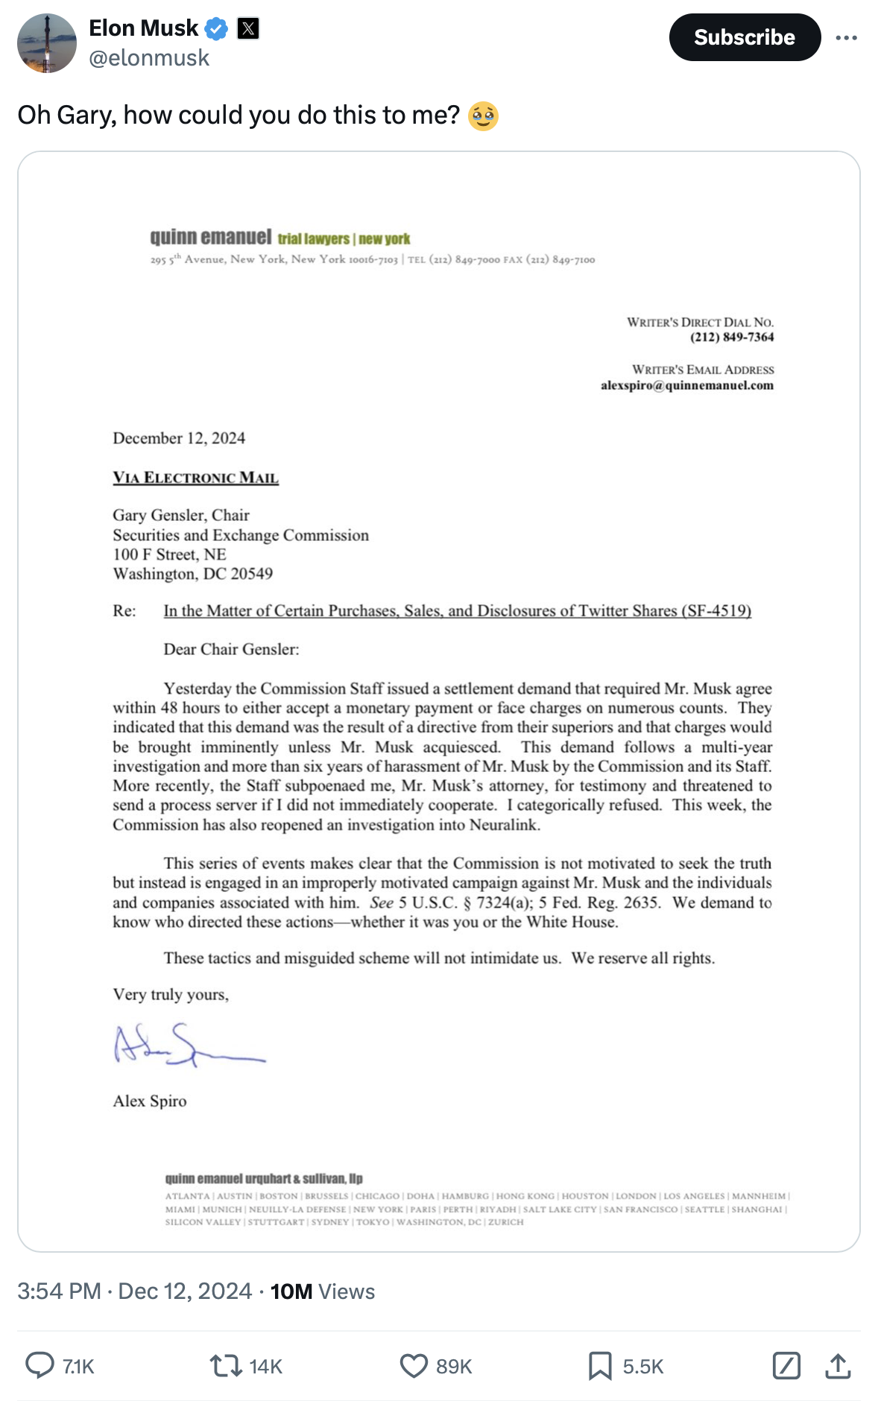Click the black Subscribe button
(744, 37)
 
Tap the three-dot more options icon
(846, 37)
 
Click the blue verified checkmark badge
(216, 29)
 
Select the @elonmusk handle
(149, 58)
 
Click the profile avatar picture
(47, 43)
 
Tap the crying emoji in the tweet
(483, 116)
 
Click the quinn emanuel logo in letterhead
(211, 237)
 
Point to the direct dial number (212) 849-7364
(732, 337)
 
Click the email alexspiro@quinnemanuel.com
(686, 385)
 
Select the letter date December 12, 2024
(179, 438)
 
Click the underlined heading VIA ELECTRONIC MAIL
(195, 478)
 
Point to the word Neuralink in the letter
(505, 825)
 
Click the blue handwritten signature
(186, 1045)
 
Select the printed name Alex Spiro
(150, 1101)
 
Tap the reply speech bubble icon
(40, 1365)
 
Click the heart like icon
(414, 1365)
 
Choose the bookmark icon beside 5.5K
(600, 1365)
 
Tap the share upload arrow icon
(838, 1365)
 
